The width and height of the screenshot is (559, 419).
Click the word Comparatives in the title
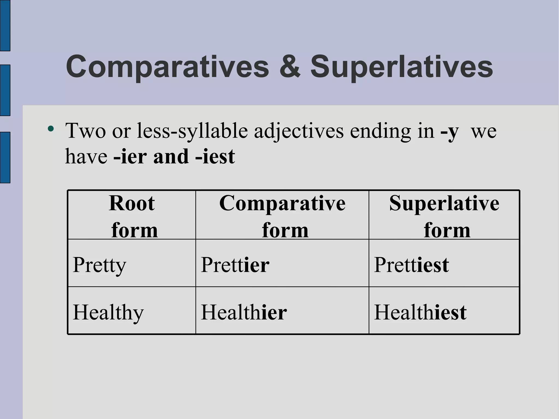(x=167, y=67)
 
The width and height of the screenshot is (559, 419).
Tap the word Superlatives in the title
(x=402, y=67)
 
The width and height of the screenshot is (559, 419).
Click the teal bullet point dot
(x=50, y=129)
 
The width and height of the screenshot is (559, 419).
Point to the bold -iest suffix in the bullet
(x=215, y=157)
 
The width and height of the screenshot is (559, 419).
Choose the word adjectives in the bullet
(x=299, y=131)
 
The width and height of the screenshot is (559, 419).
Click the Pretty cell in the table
(x=99, y=265)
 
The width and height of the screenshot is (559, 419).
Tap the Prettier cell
(x=235, y=265)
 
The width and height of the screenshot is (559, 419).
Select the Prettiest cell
(x=411, y=265)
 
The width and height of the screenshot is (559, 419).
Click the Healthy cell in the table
(x=108, y=312)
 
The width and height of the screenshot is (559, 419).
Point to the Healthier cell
(x=244, y=312)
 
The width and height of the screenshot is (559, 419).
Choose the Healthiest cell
(x=420, y=312)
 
